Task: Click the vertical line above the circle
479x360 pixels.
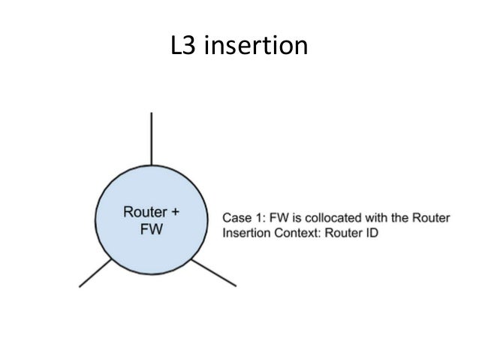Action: tap(152, 139)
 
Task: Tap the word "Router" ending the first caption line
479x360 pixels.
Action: tap(430, 219)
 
